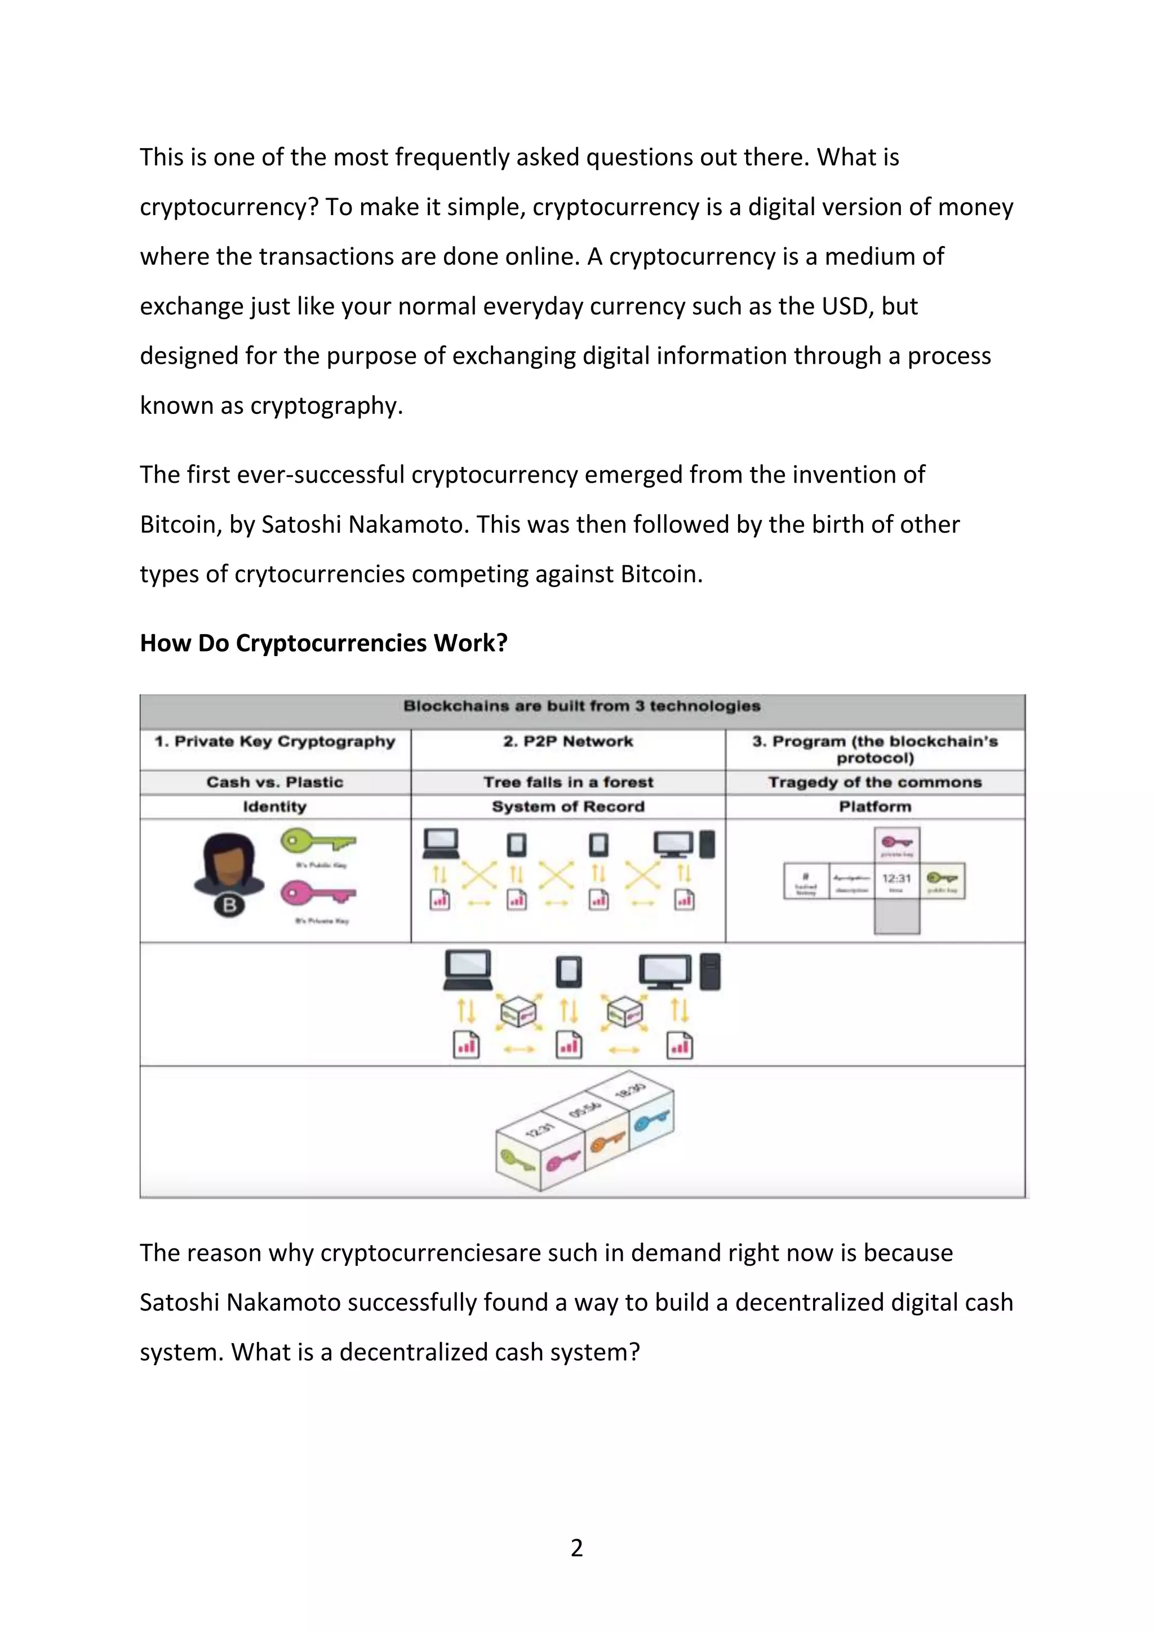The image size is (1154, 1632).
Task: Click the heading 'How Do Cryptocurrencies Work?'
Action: click(323, 643)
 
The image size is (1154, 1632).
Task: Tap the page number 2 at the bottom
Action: click(576, 1547)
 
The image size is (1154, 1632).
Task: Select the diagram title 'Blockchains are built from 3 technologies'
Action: click(582, 706)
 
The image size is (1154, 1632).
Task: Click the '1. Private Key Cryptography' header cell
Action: click(274, 741)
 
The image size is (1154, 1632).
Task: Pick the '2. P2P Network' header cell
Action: click(567, 741)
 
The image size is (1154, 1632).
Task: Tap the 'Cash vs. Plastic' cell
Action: click(274, 782)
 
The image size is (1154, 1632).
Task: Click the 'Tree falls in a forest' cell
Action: click(567, 782)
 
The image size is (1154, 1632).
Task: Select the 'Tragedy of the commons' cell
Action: click(875, 782)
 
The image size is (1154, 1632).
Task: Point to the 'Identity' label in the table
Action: click(274, 807)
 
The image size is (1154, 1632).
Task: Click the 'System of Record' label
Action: click(567, 807)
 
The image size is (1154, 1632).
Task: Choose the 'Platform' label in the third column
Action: click(875, 807)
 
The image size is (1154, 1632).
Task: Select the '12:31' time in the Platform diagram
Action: click(896, 879)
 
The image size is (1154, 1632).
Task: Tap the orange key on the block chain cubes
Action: click(606, 1142)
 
